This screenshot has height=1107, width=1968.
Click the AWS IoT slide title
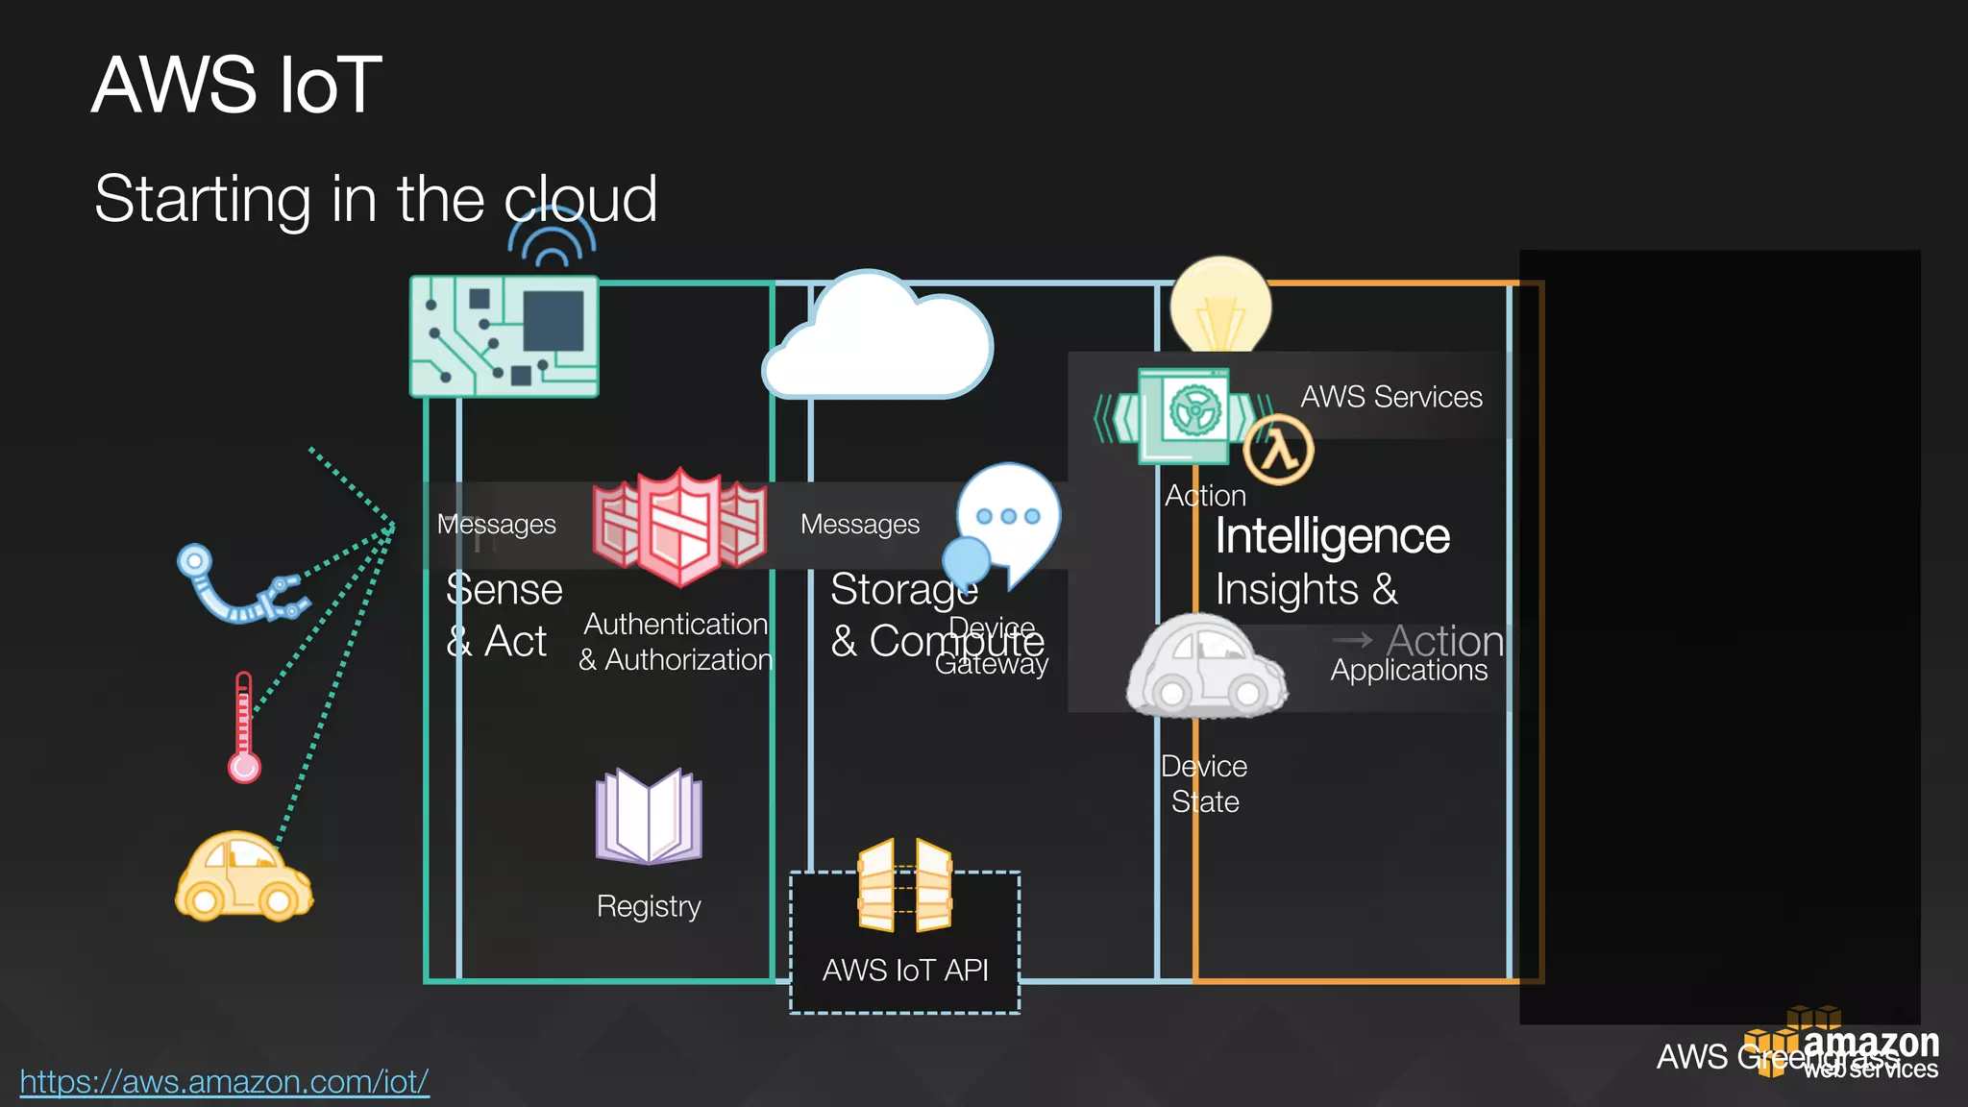click(236, 86)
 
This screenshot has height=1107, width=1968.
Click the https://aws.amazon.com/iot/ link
click(224, 1082)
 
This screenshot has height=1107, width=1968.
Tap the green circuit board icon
click(504, 336)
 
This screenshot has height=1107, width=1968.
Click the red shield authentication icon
click(679, 527)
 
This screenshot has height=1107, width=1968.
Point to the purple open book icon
click(649, 817)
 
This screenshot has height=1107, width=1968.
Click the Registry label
click(649, 906)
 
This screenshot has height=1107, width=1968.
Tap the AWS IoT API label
click(905, 971)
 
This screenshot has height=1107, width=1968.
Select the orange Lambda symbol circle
click(1278, 450)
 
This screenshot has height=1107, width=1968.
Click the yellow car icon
click(243, 877)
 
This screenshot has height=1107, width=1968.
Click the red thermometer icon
click(244, 727)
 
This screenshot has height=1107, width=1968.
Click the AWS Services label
click(1390, 397)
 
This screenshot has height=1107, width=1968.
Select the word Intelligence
click(1332, 536)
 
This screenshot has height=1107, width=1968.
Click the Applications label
click(1409, 670)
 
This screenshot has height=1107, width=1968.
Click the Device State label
click(1204, 784)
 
